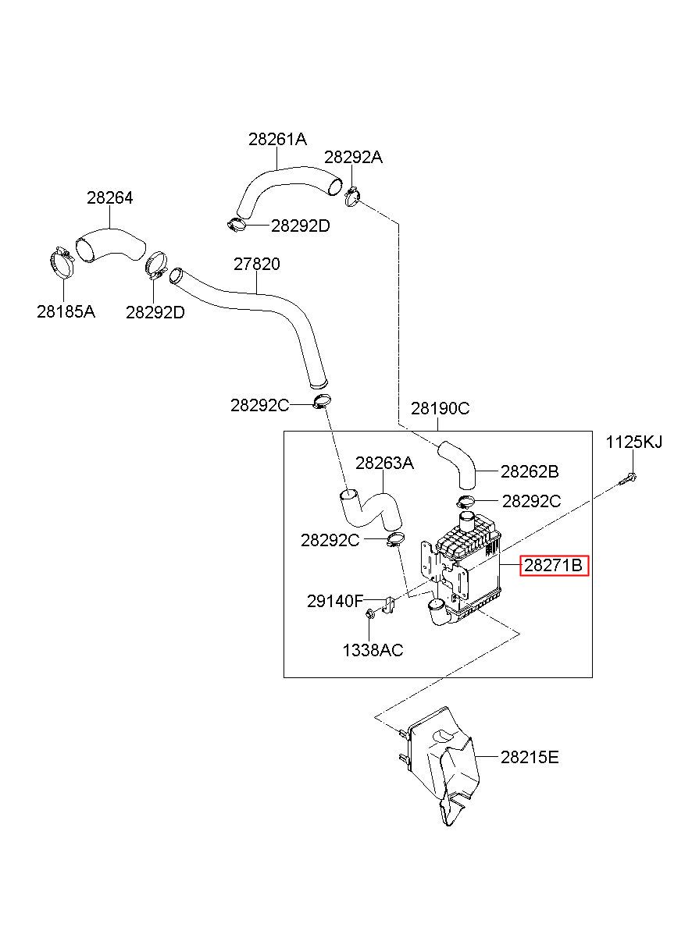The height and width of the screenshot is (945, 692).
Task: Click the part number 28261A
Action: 277,139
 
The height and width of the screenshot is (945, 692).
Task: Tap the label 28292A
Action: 353,158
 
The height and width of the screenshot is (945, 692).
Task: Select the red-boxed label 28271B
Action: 554,566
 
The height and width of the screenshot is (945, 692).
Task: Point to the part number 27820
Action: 257,264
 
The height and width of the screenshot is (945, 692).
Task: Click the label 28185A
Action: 66,312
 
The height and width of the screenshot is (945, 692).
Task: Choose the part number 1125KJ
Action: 633,442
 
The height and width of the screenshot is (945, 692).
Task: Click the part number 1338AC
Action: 373,650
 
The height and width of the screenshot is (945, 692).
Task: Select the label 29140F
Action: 335,601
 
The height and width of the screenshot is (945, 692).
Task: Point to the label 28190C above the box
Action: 440,408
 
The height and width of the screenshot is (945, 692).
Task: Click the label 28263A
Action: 384,464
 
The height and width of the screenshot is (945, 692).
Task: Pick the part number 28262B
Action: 530,471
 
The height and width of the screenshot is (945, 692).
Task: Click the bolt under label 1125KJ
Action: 628,480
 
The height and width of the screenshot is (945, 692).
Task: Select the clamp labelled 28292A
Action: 353,197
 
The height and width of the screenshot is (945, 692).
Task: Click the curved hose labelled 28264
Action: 111,247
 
